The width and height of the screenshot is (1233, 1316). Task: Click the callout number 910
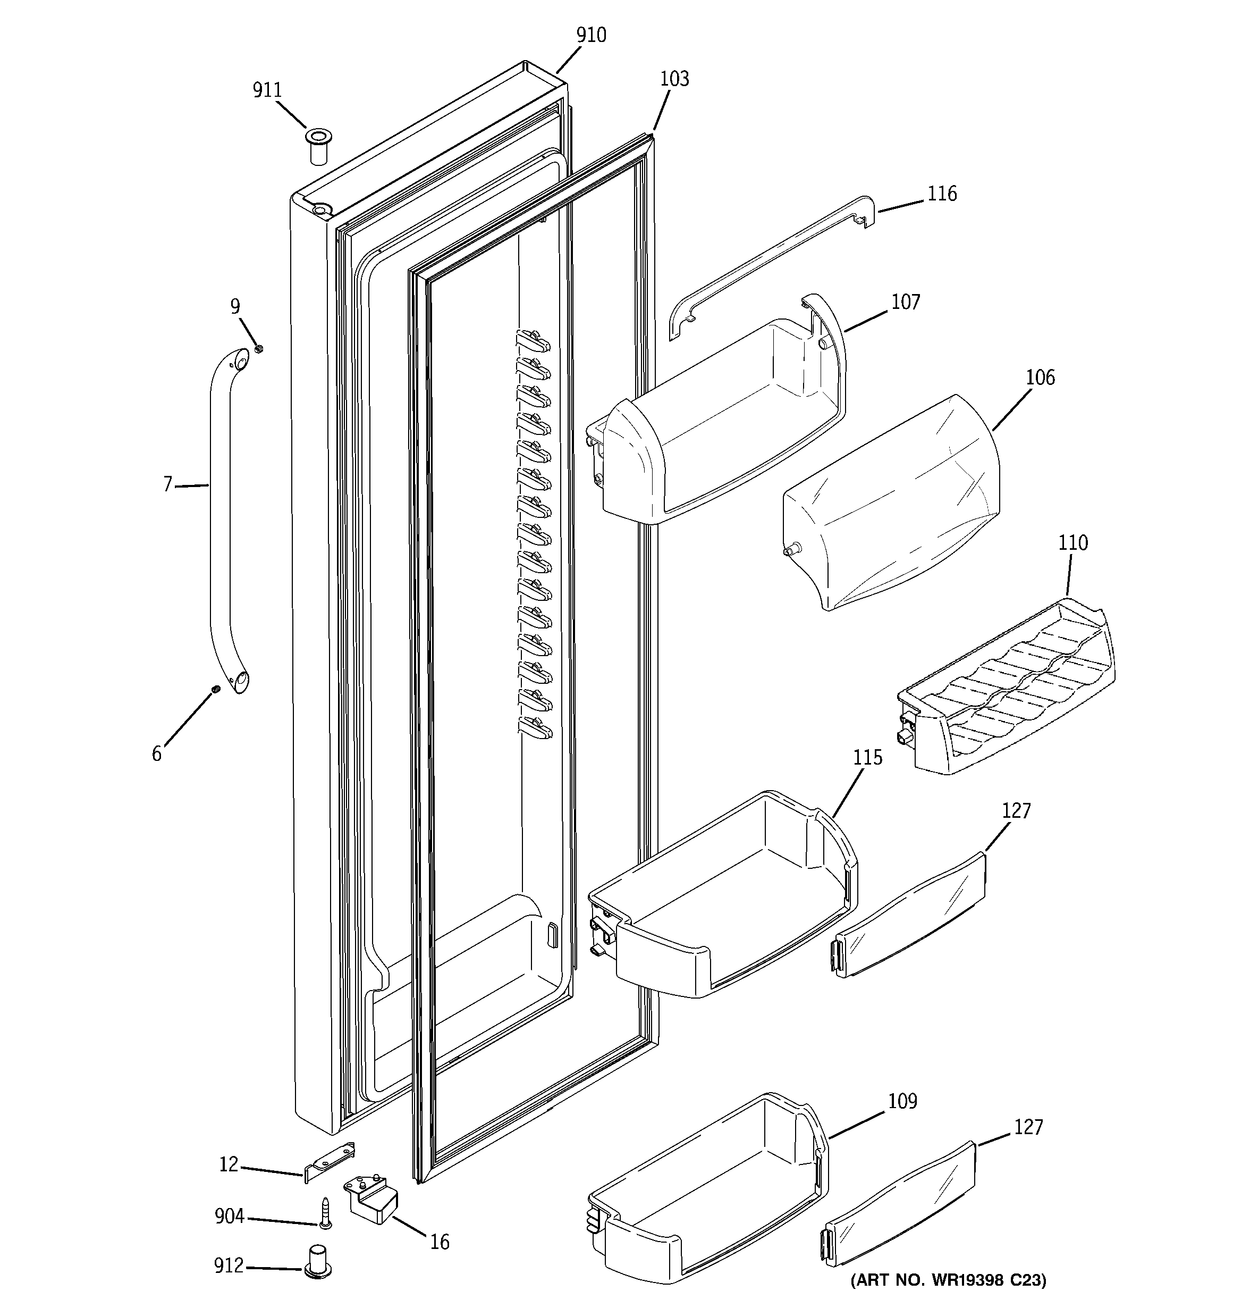point(590,35)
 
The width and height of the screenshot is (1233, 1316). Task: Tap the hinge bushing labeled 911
point(318,147)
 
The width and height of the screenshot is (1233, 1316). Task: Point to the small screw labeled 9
point(259,348)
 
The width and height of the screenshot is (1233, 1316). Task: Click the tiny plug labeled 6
point(216,691)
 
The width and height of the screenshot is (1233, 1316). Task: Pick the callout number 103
point(674,79)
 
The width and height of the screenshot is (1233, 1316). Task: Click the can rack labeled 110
point(1006,689)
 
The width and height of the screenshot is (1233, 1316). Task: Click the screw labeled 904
point(325,1213)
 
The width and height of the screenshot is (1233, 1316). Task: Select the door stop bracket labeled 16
point(373,1200)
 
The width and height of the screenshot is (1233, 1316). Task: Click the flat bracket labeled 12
point(330,1161)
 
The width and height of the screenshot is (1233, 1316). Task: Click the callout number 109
point(902,1101)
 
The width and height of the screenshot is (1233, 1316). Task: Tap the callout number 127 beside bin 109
point(1028,1127)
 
